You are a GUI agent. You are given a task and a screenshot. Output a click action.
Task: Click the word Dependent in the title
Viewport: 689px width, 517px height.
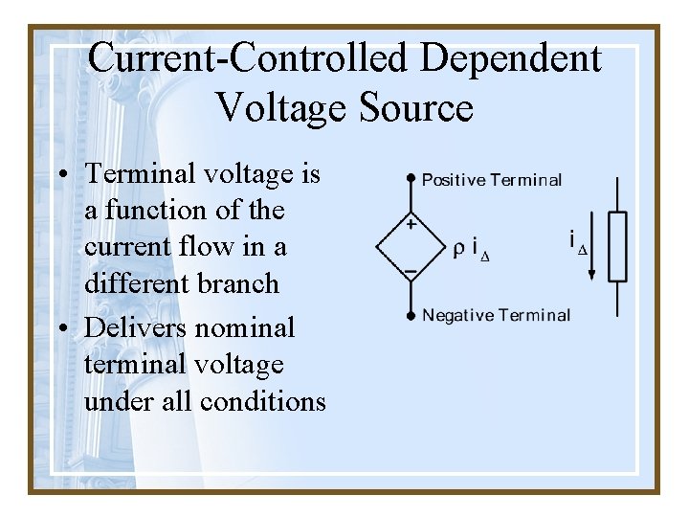[x=511, y=59]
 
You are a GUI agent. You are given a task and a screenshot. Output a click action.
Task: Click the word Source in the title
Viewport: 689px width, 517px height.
[x=416, y=107]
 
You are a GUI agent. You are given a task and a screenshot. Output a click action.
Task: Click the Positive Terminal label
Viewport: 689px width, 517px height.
[x=492, y=179]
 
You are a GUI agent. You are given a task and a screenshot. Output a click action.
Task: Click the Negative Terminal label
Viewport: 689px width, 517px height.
[x=496, y=315]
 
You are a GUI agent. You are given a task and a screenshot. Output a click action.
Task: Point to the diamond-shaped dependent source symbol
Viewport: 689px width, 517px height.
[x=411, y=248]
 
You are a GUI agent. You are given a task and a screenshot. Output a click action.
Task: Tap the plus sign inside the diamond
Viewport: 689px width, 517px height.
[x=411, y=226]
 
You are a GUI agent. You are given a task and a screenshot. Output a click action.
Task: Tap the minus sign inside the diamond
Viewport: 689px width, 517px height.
[x=411, y=271]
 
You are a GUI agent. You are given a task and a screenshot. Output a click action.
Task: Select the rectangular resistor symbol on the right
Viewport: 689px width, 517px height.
[x=617, y=246]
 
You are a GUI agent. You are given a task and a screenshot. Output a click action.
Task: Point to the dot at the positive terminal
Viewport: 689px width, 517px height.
[x=411, y=179]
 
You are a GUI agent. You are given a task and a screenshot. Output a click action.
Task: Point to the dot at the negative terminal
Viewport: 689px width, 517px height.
[x=411, y=315]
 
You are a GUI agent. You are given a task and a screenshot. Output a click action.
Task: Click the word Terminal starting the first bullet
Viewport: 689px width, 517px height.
[x=142, y=174]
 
